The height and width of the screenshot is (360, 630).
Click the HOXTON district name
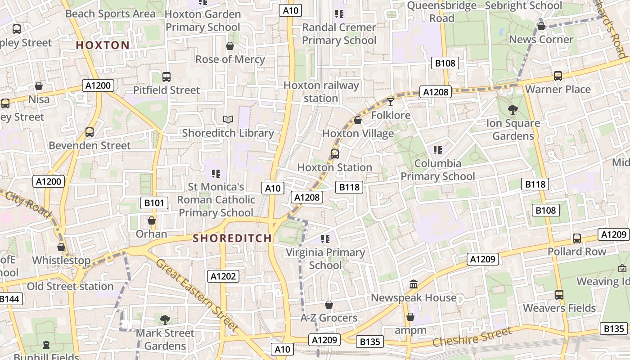pyautogui.click(x=103, y=45)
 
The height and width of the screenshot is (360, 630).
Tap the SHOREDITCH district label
pyautogui.click(x=232, y=238)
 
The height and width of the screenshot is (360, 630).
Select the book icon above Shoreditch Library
pyautogui.click(x=229, y=119)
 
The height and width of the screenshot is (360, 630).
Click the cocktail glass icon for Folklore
pyautogui.click(x=391, y=102)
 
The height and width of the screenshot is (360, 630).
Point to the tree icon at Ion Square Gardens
pyautogui.click(x=513, y=109)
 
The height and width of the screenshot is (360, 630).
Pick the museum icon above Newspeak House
pyautogui.click(x=414, y=284)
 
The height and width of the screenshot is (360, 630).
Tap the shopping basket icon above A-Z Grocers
pyautogui.click(x=329, y=305)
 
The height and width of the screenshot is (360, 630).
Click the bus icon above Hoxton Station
pyautogui.click(x=334, y=154)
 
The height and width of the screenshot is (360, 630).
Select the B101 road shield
pyautogui.click(x=154, y=203)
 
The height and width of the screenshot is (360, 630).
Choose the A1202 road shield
pyautogui.click(x=223, y=276)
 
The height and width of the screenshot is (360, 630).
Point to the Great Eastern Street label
pyautogui.click(x=197, y=295)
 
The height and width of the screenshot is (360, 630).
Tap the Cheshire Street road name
pyautogui.click(x=472, y=337)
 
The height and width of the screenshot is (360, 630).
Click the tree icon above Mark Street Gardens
pyautogui.click(x=165, y=319)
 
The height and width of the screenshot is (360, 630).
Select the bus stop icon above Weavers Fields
pyautogui.click(x=559, y=295)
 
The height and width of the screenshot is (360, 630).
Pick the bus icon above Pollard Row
pyautogui.click(x=576, y=238)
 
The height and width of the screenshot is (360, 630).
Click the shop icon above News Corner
pyautogui.click(x=541, y=26)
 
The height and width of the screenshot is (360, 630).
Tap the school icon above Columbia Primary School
pyautogui.click(x=437, y=150)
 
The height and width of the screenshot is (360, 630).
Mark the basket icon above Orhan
pyautogui.click(x=152, y=220)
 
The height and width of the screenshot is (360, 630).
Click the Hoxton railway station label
pyautogui.click(x=321, y=92)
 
